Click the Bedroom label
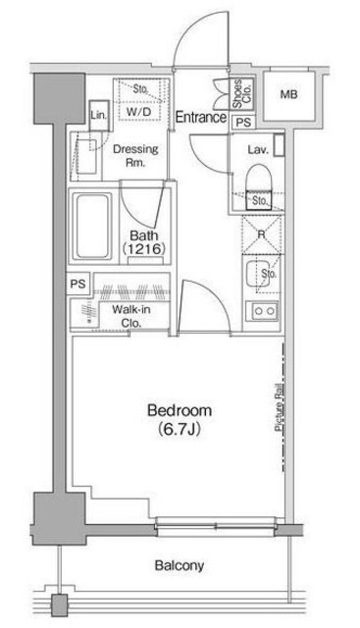179,410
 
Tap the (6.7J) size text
179,430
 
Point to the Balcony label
179,565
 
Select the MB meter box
288,95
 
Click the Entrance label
201,117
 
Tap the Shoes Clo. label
242,93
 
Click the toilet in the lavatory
258,185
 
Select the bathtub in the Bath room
93,226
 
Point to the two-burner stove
262,311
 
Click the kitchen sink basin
257,274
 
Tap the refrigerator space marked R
262,235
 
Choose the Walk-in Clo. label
131,316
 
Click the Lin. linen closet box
99,116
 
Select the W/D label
139,112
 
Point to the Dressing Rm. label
135,155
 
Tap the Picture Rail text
280,407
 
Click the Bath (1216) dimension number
143,248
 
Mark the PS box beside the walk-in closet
78,284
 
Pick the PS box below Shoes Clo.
243,122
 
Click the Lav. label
258,150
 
